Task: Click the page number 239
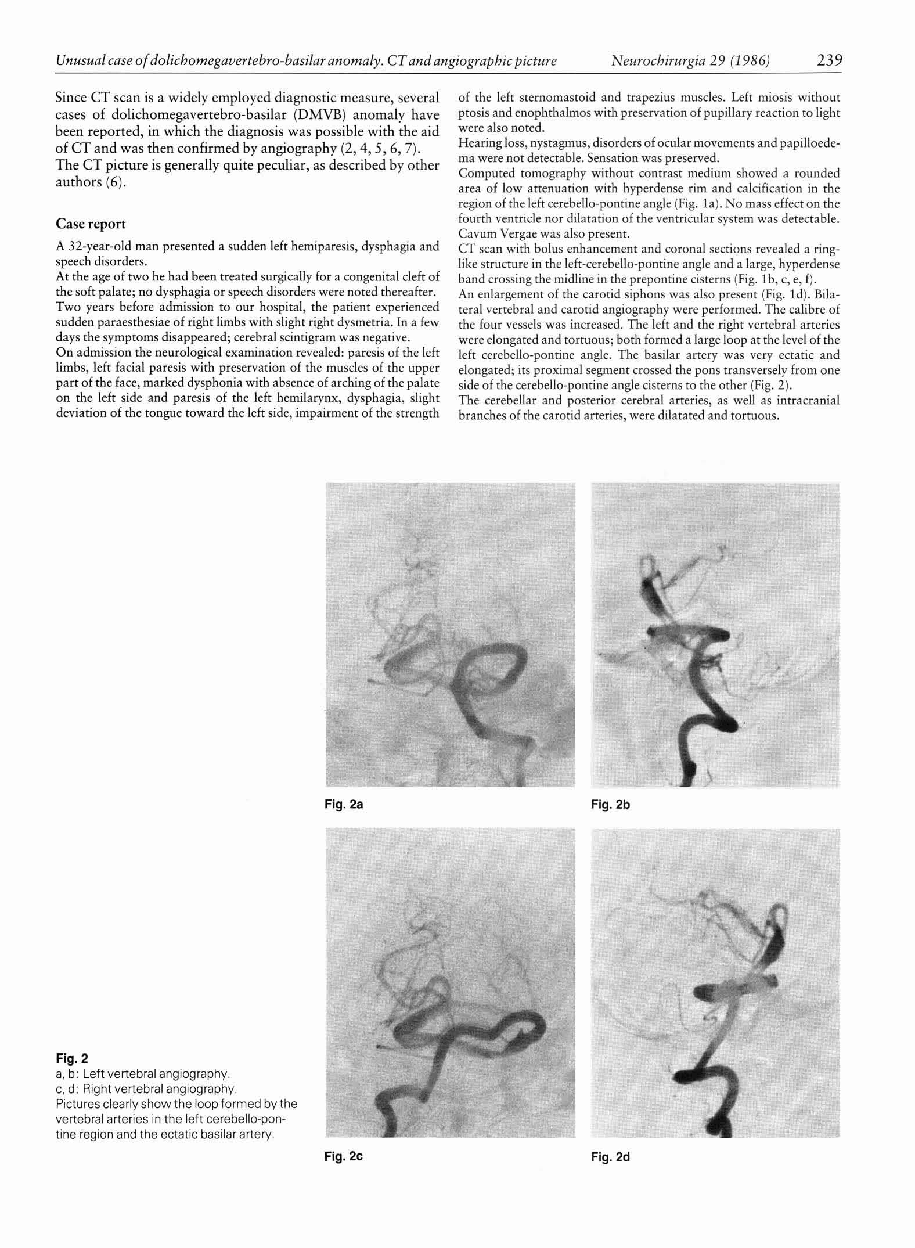tap(828, 60)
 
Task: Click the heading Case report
tap(91, 224)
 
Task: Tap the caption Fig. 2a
tap(344, 804)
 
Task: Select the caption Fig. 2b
tap(610, 804)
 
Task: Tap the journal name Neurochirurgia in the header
tap(658, 60)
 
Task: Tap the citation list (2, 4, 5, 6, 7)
tap(386, 149)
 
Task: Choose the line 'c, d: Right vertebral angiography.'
tap(146, 1088)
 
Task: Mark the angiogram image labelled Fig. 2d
tap(715, 982)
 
